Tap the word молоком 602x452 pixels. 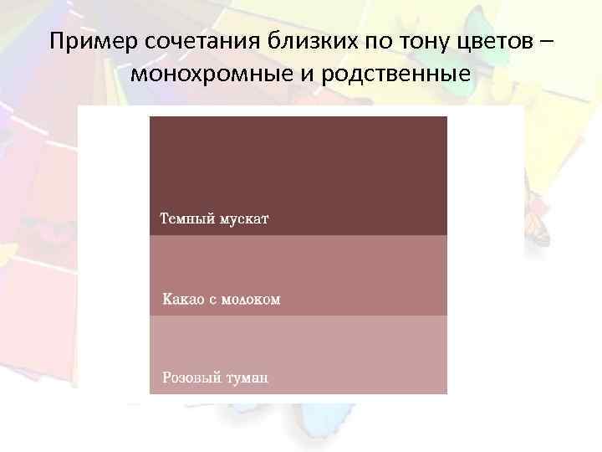tap(251, 299)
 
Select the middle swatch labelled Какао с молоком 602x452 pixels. tap(298, 268)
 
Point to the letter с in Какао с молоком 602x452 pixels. tap(212, 299)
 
